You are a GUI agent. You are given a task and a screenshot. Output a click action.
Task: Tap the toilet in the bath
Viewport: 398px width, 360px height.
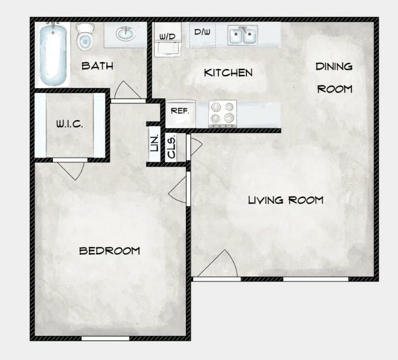coord(85,38)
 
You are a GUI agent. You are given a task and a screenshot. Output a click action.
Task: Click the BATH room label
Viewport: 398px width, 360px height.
coord(98,66)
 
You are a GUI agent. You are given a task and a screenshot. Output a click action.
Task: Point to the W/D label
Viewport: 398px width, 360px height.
coord(167,37)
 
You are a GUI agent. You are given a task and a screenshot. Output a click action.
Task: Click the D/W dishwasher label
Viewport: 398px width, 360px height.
coord(201,32)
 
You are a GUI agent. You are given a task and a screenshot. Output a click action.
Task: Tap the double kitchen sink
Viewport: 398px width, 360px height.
coord(243,36)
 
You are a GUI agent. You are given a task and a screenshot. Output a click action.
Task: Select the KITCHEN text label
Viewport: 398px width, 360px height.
coord(228,73)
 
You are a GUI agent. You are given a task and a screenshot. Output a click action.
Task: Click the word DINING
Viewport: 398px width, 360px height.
coord(334,66)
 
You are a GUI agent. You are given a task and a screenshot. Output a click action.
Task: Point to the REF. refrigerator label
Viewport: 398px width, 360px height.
coord(180,111)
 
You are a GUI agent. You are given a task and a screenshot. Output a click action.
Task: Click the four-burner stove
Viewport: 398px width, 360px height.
coord(222,113)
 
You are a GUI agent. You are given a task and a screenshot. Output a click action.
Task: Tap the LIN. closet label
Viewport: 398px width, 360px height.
coord(153,144)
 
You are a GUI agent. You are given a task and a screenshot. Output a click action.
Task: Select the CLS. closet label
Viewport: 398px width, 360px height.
coord(171,147)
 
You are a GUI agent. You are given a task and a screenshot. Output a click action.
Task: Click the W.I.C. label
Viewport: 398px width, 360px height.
coord(69,124)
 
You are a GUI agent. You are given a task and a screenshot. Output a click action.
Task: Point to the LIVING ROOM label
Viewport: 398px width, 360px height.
coord(286,200)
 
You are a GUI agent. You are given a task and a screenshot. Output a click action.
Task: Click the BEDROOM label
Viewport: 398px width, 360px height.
coord(110,250)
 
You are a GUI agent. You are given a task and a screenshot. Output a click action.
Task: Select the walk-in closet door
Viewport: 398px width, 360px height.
coord(70,167)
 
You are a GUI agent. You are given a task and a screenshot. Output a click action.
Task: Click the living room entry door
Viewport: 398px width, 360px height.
coord(217,266)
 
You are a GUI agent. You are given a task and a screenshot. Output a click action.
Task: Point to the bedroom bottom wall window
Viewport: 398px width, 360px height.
coord(106,338)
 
